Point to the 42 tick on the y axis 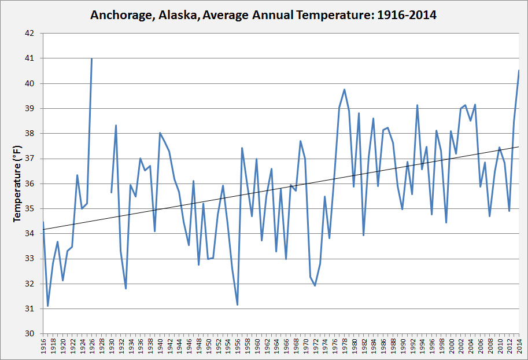(31, 34)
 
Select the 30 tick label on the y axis (31, 334)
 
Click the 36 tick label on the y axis (31, 183)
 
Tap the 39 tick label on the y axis (31, 109)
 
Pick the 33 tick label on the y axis (31, 259)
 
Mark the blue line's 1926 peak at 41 (91, 58)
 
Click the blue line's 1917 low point (48, 306)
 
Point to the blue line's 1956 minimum (237, 304)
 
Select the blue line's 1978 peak (344, 89)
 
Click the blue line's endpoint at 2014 (519, 71)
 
